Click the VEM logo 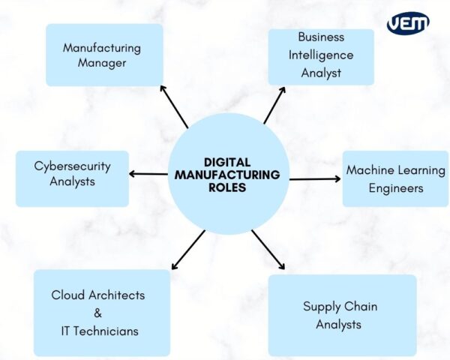tap(409, 23)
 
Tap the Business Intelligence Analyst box tap(320, 55)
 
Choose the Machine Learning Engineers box tap(395, 178)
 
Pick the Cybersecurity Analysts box tap(72, 173)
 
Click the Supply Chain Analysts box tap(341, 315)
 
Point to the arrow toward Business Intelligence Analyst tap(274, 104)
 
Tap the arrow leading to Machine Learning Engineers tap(315, 179)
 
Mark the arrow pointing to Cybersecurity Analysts tap(148, 174)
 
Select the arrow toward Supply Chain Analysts tap(268, 250)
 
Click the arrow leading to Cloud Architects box tap(187, 250)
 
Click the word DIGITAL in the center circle tap(227, 161)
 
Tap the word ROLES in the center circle tap(227, 187)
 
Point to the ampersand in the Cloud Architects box tap(97, 313)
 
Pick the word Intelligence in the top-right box tap(320, 55)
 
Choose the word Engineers tap(395, 187)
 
